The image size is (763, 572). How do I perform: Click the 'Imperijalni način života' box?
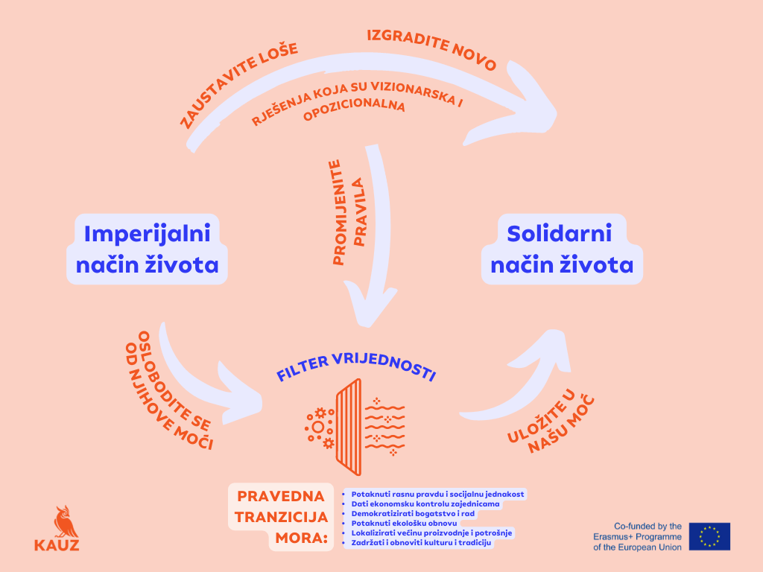point(147,249)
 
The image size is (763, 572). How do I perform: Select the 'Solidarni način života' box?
point(562,249)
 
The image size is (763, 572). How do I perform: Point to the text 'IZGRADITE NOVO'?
point(432,48)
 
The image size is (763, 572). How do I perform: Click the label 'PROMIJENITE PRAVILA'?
point(349,212)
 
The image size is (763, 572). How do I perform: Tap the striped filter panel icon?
point(349,427)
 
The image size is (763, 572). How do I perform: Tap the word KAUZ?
point(57,544)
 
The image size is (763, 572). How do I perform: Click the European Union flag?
point(709,536)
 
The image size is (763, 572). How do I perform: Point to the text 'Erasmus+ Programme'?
point(638,536)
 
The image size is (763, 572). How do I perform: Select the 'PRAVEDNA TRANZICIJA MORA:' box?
point(281,517)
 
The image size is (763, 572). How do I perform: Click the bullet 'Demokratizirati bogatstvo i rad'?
point(413,514)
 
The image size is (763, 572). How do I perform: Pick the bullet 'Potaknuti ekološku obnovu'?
point(404,524)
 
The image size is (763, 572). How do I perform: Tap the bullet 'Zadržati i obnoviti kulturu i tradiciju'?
point(421,543)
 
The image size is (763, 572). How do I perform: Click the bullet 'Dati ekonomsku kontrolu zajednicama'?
point(425,504)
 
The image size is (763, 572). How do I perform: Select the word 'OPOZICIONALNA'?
point(354,110)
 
